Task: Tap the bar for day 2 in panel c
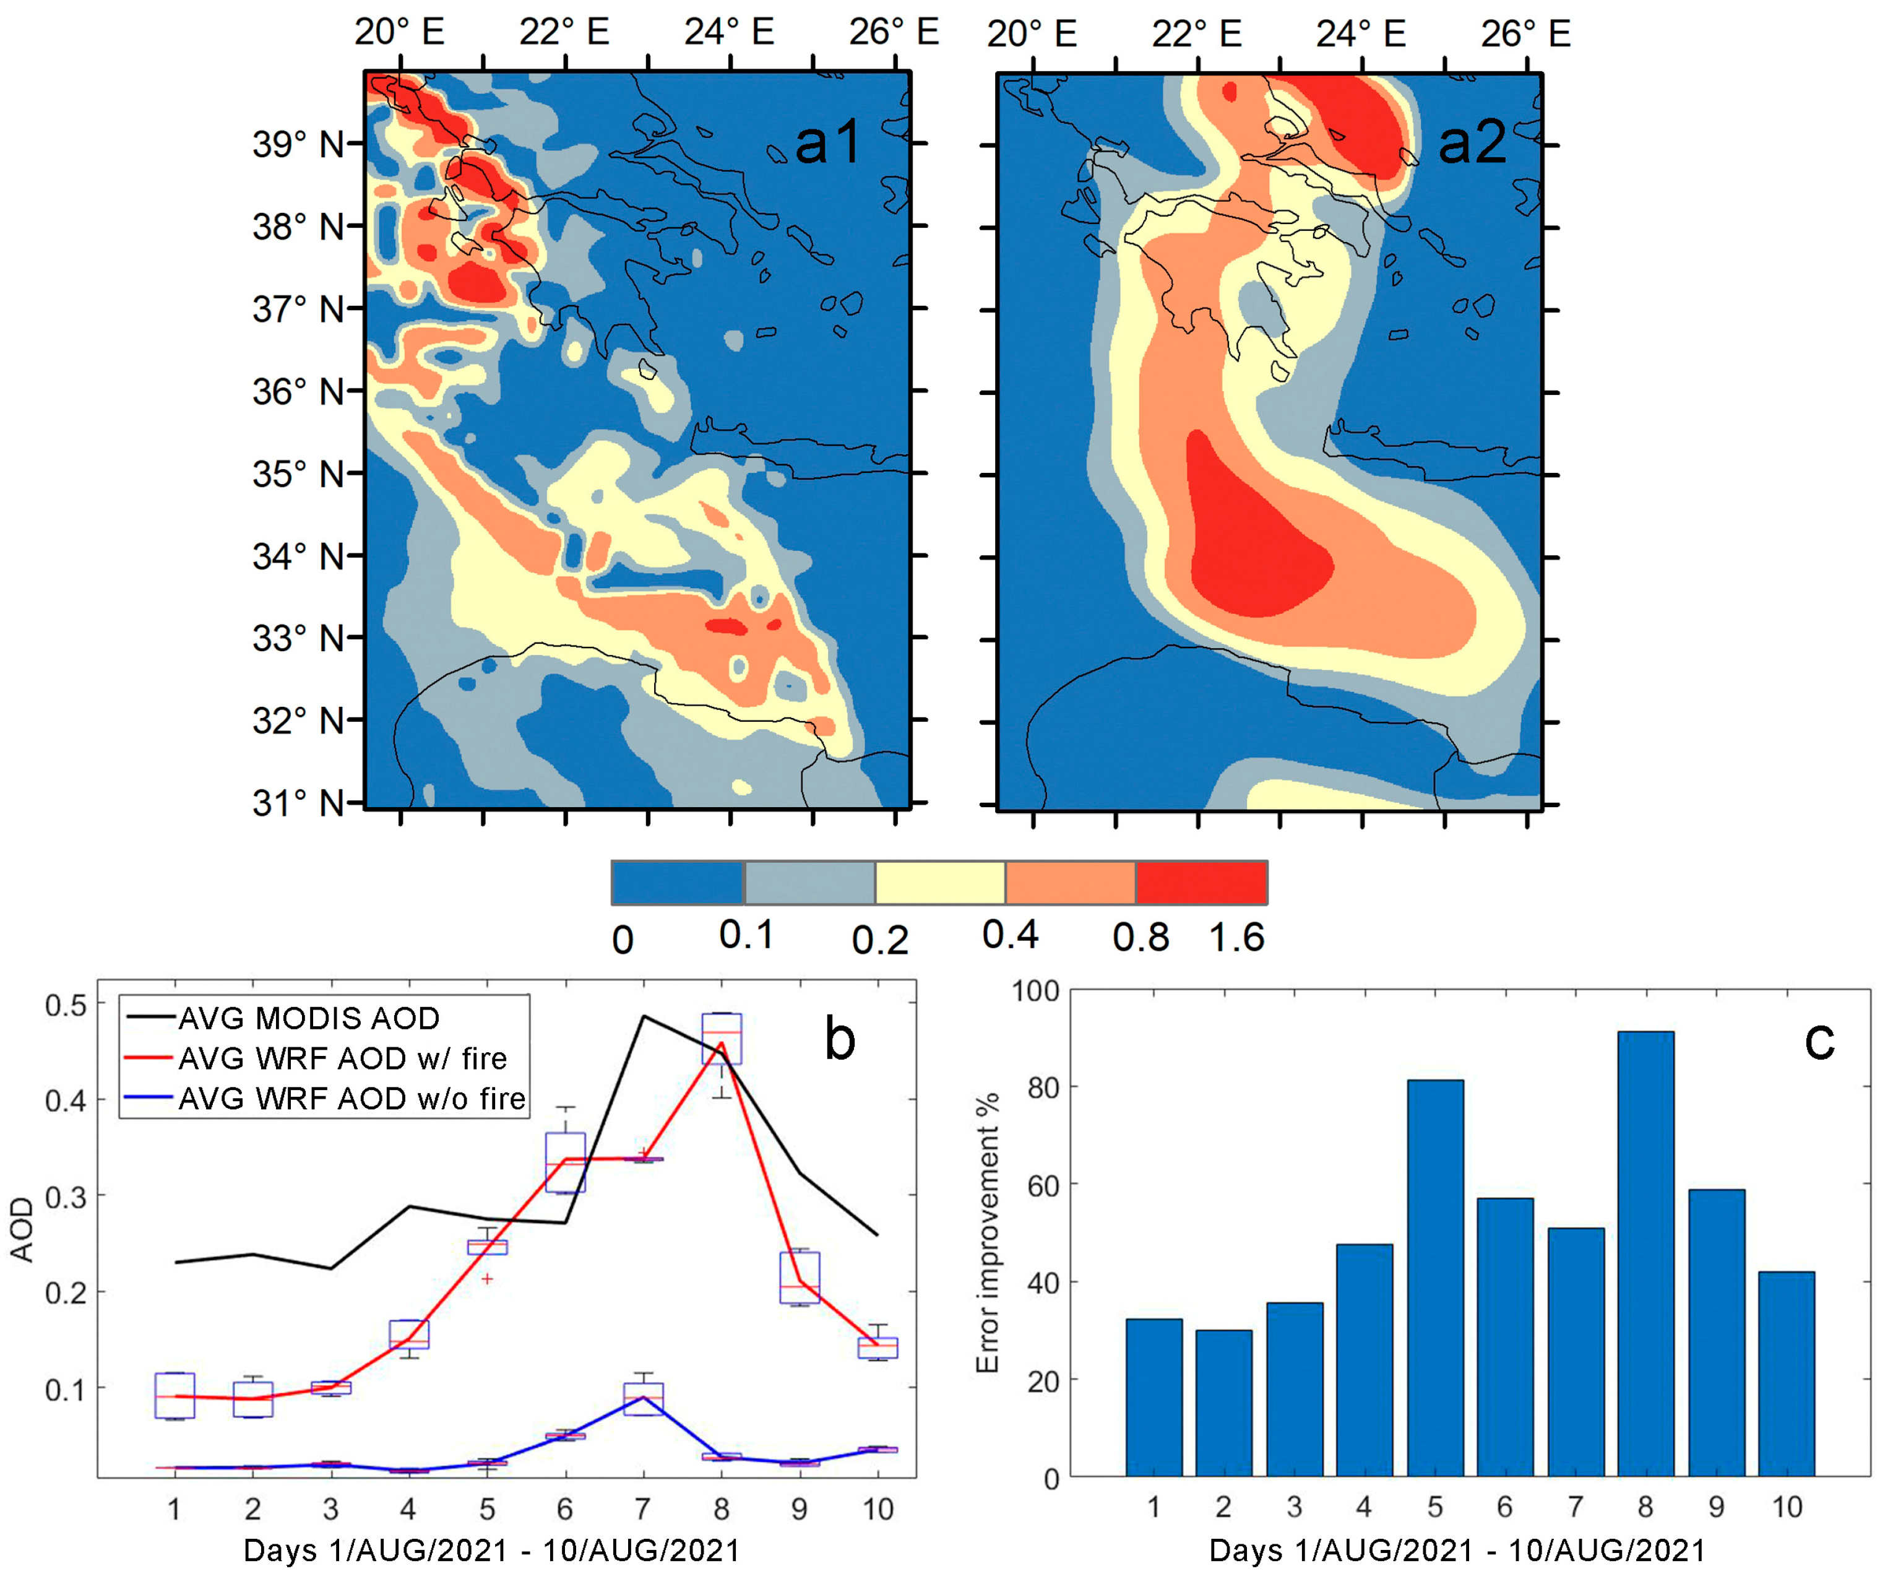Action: pos(1223,1402)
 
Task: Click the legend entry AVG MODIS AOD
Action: pos(308,1018)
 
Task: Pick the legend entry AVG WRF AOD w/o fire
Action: pos(351,1098)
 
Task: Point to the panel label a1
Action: pos(827,142)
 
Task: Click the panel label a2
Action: pos(1471,142)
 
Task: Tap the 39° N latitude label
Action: pos(298,144)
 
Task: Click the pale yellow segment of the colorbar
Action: pos(939,882)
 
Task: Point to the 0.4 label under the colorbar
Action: pos(1009,935)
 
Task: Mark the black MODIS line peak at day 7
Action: pos(643,1016)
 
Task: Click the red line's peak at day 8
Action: pos(721,1044)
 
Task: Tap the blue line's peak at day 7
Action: pos(643,1397)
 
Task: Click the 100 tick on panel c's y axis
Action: pos(1035,991)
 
